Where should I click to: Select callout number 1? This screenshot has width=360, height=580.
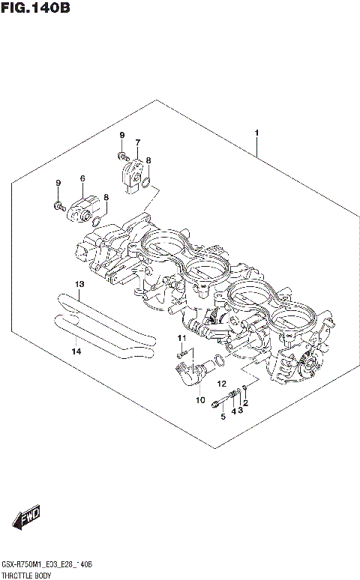click(257, 133)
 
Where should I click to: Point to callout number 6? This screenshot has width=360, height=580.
click(82, 178)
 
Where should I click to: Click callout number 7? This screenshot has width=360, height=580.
click(137, 142)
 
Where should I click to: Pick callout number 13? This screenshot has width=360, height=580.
click(78, 284)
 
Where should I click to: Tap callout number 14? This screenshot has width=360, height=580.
click(76, 351)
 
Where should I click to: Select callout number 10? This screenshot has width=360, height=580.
click(200, 400)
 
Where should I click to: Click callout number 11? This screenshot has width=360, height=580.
click(181, 339)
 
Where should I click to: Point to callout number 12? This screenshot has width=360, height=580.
click(222, 384)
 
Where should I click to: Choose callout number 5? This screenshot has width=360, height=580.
click(223, 417)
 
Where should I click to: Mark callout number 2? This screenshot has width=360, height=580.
click(245, 404)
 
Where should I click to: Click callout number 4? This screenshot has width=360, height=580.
click(233, 411)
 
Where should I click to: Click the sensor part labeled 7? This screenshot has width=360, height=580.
click(133, 171)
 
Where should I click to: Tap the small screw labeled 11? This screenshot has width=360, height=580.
click(181, 354)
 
